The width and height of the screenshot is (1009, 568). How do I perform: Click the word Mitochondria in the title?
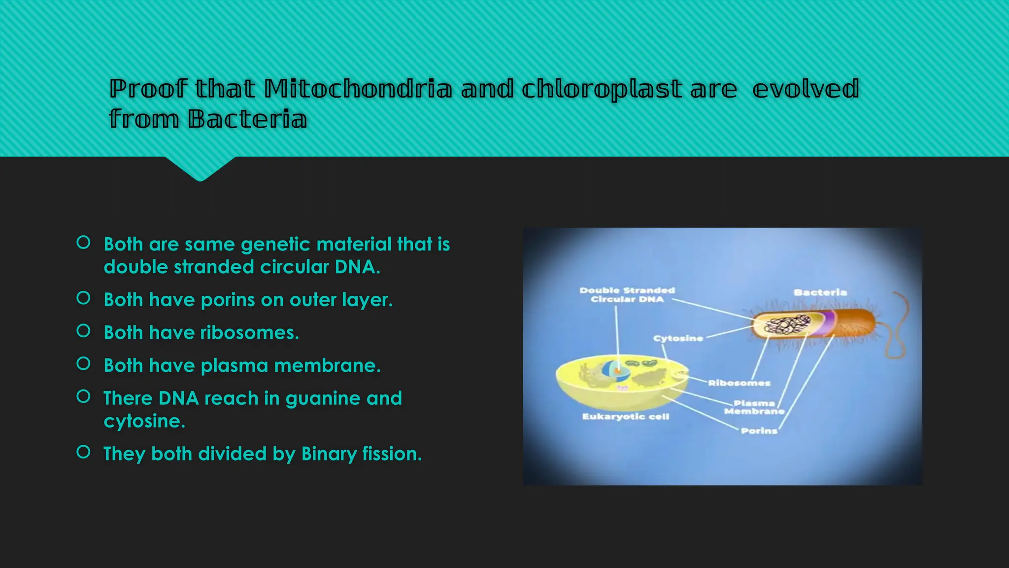click(x=358, y=89)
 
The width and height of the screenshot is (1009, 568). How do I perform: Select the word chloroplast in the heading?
click(x=602, y=89)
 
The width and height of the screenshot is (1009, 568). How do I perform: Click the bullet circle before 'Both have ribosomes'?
click(x=84, y=331)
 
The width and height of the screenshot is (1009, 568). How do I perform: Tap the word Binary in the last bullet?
click(x=329, y=454)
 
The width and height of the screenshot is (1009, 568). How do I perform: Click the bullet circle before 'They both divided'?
click(x=84, y=452)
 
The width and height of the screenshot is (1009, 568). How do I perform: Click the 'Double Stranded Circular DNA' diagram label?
click(x=627, y=295)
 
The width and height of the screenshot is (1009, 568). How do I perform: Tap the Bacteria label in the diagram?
click(x=820, y=292)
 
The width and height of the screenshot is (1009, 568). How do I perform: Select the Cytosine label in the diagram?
click(x=678, y=338)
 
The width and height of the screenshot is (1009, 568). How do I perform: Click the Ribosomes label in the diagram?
click(x=739, y=383)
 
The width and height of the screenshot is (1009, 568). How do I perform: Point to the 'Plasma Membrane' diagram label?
click(x=754, y=407)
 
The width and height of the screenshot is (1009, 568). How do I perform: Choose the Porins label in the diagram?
click(x=759, y=431)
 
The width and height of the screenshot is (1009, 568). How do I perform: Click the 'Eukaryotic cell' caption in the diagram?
click(x=626, y=417)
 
